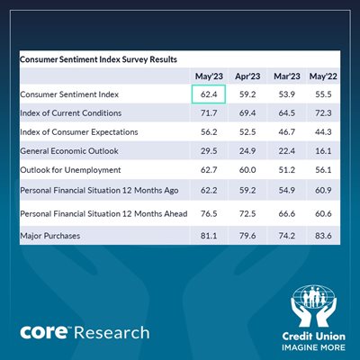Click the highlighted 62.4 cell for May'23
pyautogui.click(x=209, y=94)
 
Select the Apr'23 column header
pyautogui.click(x=247, y=76)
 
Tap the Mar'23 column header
pyautogui.click(x=287, y=76)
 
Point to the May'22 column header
pyautogui.click(x=323, y=76)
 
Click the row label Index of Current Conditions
pyautogui.click(x=71, y=113)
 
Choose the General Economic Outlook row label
pyautogui.click(x=69, y=151)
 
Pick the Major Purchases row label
pyautogui.click(x=50, y=236)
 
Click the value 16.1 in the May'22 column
pyautogui.click(x=323, y=151)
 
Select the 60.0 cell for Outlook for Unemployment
pyautogui.click(x=247, y=170)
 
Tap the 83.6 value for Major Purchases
pyautogui.click(x=323, y=236)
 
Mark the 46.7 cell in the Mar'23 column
pyautogui.click(x=287, y=132)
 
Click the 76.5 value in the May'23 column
pyautogui.click(x=209, y=214)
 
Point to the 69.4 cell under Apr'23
pyautogui.click(x=247, y=113)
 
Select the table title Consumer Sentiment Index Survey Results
pyautogui.click(x=98, y=59)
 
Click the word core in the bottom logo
pyautogui.click(x=44, y=332)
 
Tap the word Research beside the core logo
pyautogui.click(x=112, y=333)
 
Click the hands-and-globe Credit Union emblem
pyautogui.click(x=314, y=306)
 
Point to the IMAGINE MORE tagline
pyautogui.click(x=313, y=347)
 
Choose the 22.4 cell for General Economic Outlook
pyautogui.click(x=287, y=151)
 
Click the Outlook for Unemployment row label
pyautogui.click(x=70, y=170)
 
